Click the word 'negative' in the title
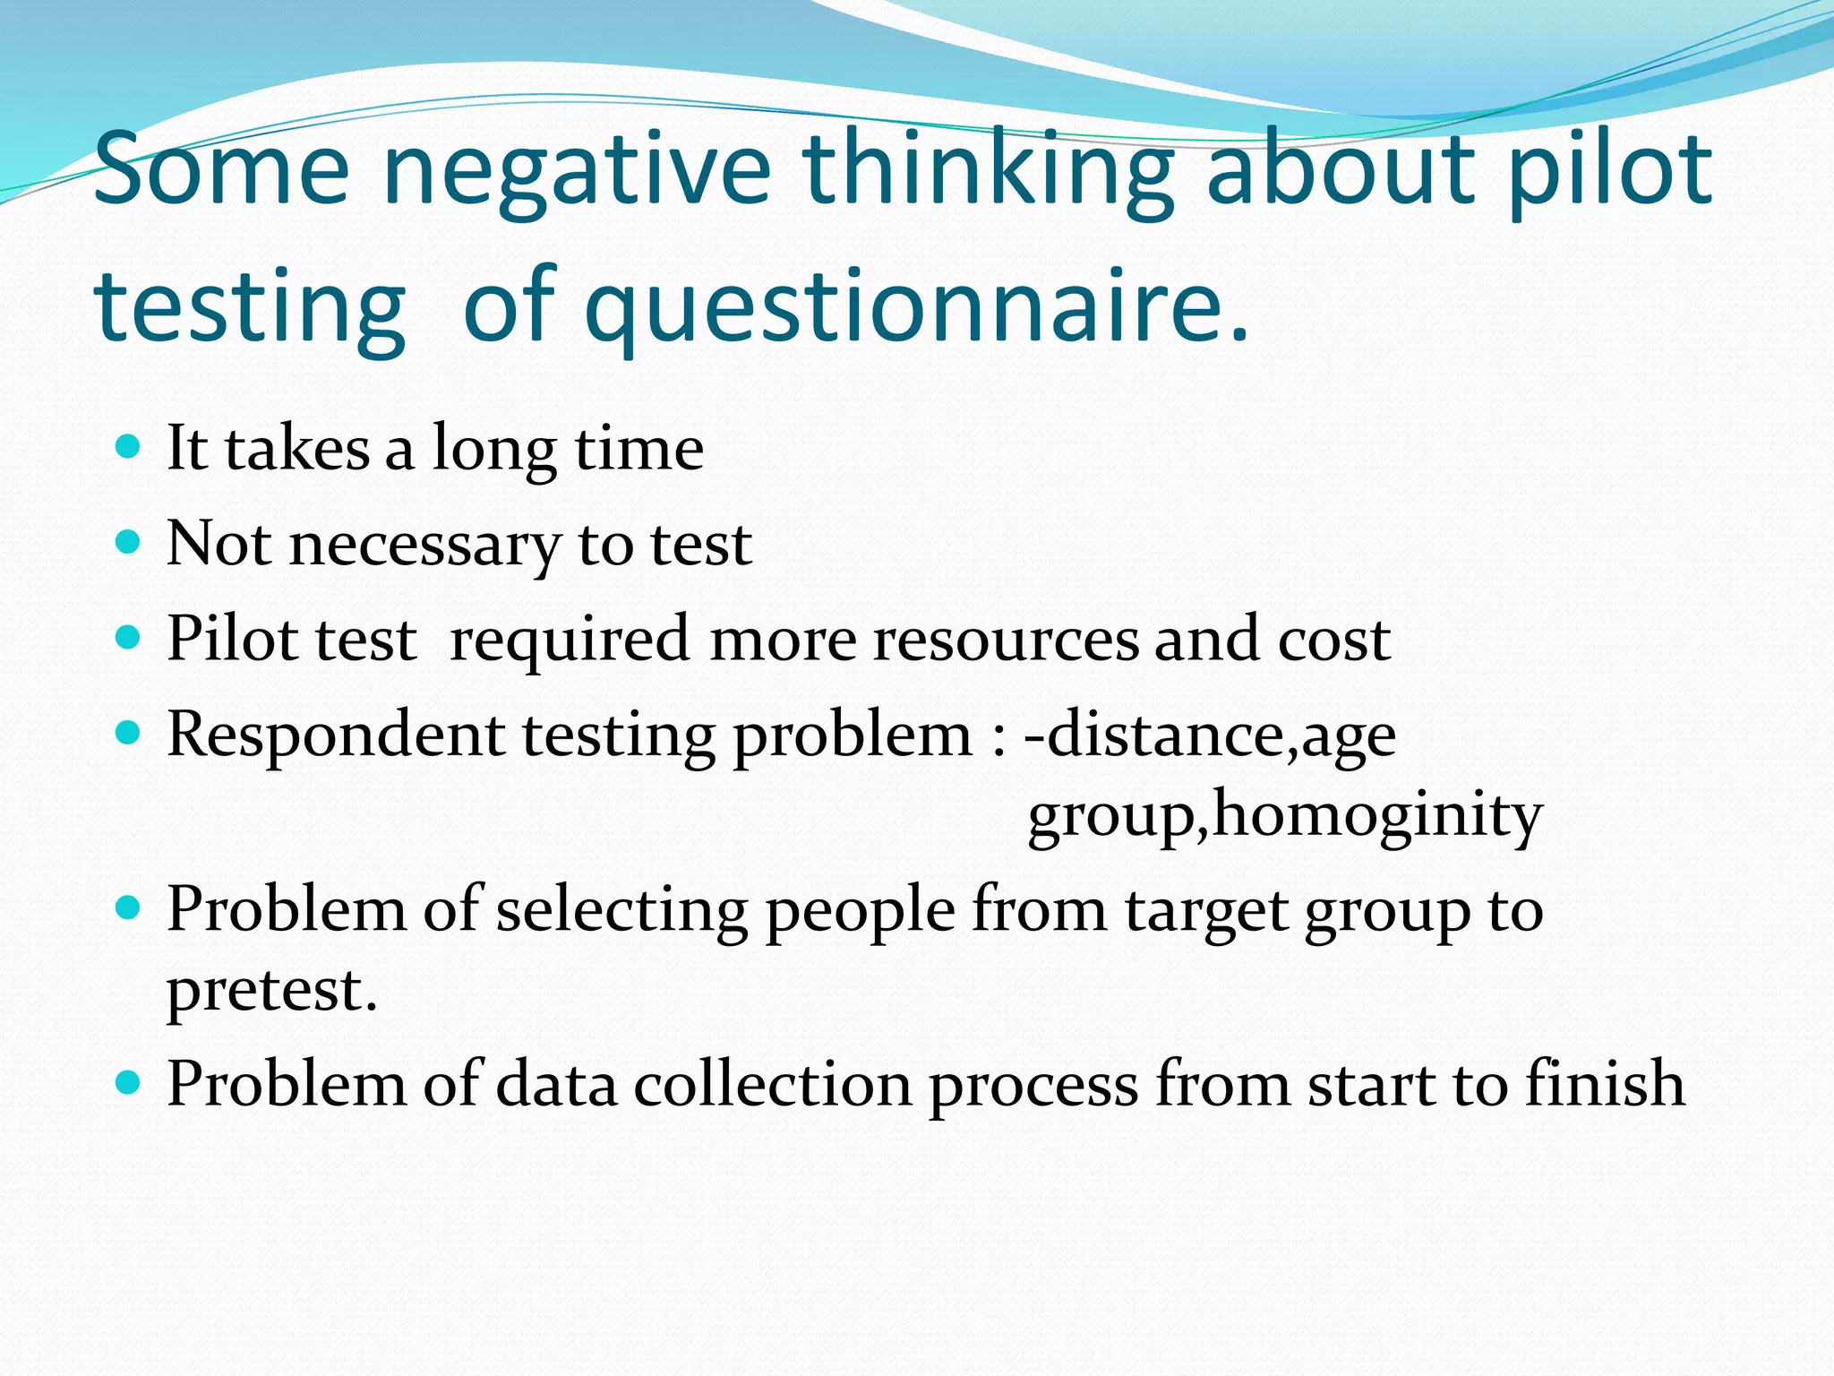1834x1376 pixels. [x=576, y=170]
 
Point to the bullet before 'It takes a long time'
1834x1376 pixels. [x=129, y=446]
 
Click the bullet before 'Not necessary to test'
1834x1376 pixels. [x=129, y=542]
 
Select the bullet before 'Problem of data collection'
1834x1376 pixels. [x=129, y=1083]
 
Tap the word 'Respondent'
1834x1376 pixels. [x=336, y=735]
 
